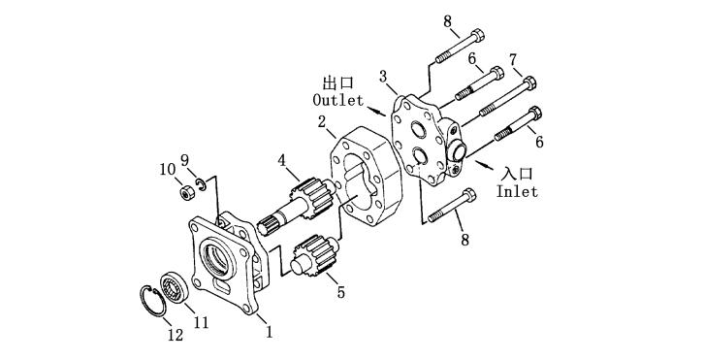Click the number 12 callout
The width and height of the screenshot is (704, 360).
click(176, 335)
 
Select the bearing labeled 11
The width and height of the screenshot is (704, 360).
click(174, 287)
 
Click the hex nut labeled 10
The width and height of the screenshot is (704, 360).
click(187, 193)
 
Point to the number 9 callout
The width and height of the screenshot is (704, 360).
click(184, 159)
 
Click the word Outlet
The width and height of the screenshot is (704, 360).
click(338, 100)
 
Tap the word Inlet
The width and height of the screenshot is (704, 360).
click(517, 191)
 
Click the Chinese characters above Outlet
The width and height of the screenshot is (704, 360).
click(338, 82)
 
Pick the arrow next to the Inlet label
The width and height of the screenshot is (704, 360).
click(484, 165)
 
